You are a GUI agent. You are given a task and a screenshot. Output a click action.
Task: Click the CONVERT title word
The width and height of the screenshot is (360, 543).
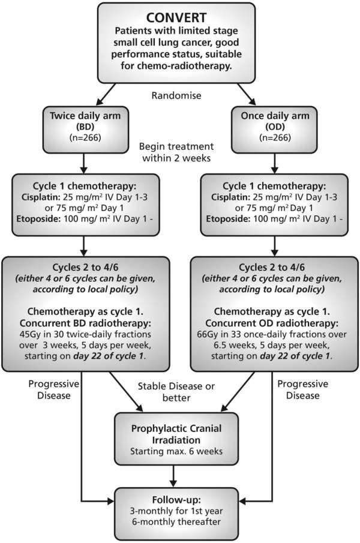(176, 17)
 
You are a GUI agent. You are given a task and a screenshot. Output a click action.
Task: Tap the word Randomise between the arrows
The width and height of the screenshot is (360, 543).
(176, 95)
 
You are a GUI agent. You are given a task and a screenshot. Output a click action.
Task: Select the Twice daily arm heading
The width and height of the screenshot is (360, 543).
(85, 115)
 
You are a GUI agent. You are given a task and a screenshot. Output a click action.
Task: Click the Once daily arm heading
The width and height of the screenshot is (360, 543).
(275, 115)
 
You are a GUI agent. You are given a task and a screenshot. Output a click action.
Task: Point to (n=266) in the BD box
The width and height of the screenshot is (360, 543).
(85, 137)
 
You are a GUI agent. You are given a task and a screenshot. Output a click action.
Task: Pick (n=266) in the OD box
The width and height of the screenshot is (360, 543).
(275, 137)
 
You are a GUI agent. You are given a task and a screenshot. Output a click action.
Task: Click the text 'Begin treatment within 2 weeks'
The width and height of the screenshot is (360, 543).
(176, 152)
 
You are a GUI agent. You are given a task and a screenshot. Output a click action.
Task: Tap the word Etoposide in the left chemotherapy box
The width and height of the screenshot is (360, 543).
(38, 219)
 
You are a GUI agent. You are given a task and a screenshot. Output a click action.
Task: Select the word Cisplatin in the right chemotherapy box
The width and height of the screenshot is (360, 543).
(230, 197)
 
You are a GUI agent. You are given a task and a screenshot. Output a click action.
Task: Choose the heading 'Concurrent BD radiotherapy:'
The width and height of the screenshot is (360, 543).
(85, 323)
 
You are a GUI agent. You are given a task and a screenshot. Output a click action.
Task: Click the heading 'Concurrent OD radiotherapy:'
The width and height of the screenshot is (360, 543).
(272, 323)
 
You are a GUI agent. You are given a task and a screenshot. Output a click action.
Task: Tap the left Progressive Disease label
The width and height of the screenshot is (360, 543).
(53, 389)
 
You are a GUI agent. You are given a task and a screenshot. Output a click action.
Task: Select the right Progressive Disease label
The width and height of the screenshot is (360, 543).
(303, 389)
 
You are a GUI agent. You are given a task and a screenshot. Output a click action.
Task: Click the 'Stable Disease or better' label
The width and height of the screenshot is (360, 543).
(176, 392)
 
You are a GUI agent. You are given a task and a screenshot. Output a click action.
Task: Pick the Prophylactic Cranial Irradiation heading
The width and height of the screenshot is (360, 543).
(176, 434)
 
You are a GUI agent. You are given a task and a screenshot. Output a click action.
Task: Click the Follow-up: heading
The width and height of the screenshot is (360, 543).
(176, 500)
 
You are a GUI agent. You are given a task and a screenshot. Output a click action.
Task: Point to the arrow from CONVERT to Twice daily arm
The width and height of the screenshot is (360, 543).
(106, 94)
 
